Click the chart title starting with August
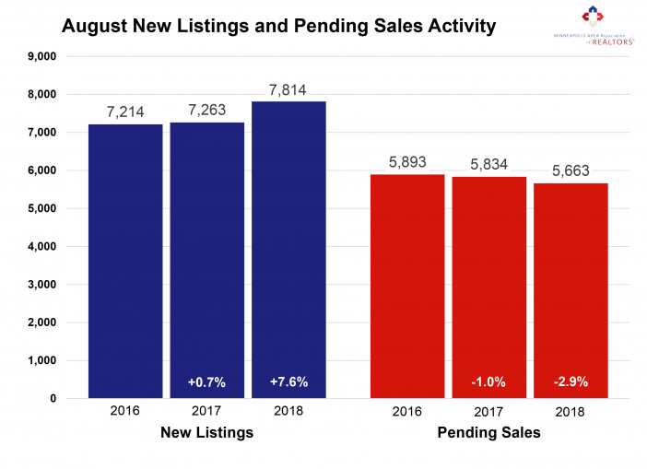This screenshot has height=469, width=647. coord(278,26)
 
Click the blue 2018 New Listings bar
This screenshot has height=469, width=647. coord(288,249)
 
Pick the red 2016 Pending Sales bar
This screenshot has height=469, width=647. coord(407,286)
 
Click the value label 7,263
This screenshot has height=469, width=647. coord(207,108)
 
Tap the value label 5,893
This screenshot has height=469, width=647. coord(407,159)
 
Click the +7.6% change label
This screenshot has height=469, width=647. coord(288,381)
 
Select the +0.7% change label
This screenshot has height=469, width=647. coord(207,381)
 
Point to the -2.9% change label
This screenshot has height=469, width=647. coord(571,381)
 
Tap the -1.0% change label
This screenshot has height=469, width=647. coord(489,381)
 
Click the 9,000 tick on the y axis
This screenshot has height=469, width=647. coord(41,56)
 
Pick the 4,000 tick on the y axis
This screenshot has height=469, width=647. coord(41,246)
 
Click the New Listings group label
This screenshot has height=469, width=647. coord(207,432)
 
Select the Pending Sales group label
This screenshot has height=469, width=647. coord(489,432)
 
